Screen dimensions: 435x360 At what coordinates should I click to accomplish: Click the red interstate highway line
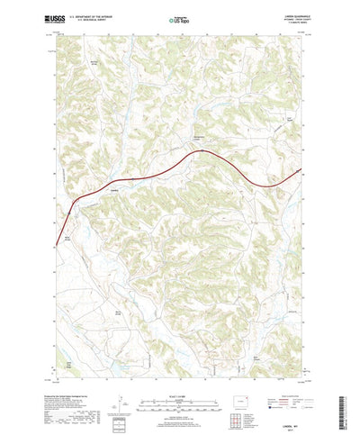point(180,162)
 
